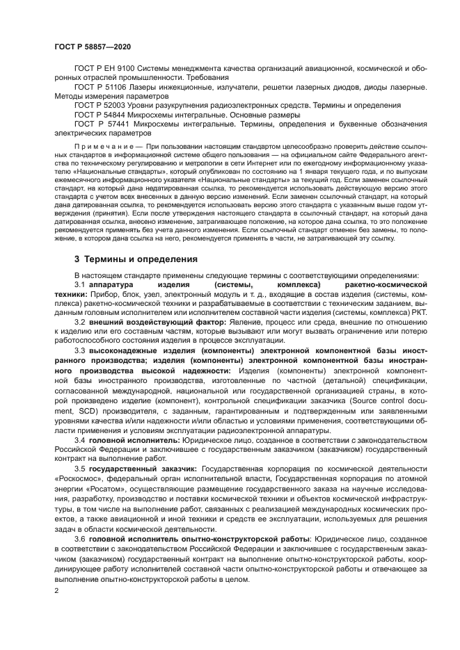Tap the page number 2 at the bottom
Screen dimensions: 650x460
(x=56, y=590)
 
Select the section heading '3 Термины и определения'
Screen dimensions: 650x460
(x=136, y=259)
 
